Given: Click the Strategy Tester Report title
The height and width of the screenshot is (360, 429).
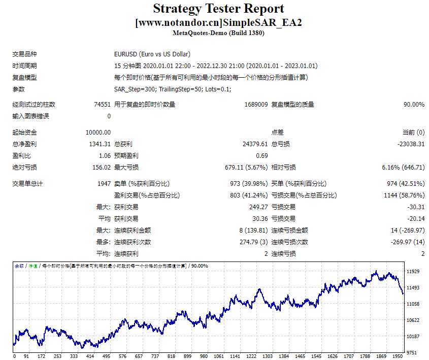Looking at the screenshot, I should (x=218, y=9).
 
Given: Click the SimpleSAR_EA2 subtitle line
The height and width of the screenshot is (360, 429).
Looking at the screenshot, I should (x=218, y=23).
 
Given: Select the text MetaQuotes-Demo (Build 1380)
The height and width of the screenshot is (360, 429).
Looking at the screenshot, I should (x=218, y=34).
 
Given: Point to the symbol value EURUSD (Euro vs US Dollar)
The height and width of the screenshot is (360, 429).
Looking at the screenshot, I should (x=152, y=54).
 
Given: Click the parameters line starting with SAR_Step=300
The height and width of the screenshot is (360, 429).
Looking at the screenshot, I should (x=173, y=89).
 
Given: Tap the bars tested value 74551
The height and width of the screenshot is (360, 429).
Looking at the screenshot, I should (x=102, y=105).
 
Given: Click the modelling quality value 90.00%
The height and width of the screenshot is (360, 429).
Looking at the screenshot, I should (x=414, y=105).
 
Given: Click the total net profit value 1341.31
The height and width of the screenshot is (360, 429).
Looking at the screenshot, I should (x=100, y=144).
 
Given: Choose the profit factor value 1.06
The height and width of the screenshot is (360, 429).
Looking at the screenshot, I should (x=105, y=156).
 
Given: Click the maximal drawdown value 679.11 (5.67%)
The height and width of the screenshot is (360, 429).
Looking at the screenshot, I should (x=246, y=168).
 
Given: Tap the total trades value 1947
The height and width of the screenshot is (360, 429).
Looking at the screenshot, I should (x=104, y=184).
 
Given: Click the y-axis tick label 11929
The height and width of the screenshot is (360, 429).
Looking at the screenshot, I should (x=413, y=272).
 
